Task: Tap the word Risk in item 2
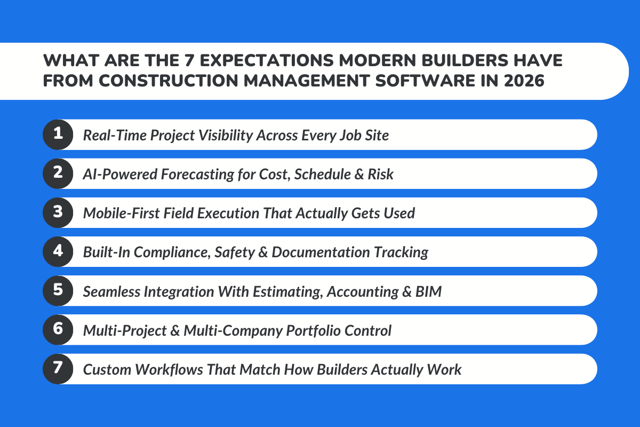pyautogui.click(x=381, y=174)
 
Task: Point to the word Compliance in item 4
pyautogui.click(x=172, y=252)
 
